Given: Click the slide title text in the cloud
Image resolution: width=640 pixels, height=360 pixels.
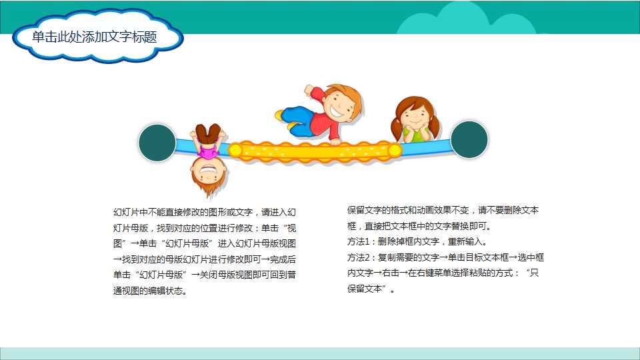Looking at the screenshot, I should point(95,37).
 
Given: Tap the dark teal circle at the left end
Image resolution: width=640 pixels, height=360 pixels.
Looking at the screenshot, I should point(157,143).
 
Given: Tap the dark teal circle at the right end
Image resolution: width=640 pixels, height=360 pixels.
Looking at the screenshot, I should point(469,139).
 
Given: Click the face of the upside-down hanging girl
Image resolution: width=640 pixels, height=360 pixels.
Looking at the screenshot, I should point(208,173).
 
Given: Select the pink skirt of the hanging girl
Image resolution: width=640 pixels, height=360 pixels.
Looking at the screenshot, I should point(209,151).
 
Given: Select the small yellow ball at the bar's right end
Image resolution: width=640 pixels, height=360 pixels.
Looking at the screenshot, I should point(395,151).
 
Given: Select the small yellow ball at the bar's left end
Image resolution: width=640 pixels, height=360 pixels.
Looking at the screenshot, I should point(235,151).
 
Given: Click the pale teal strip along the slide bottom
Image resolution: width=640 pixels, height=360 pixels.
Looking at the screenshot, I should point(320,353).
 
